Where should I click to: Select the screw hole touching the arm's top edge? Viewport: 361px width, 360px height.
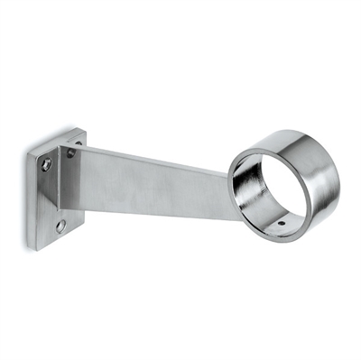(72, 153)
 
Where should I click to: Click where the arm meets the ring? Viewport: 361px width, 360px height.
(227, 176)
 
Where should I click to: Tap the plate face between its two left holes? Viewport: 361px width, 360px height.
(52, 195)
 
